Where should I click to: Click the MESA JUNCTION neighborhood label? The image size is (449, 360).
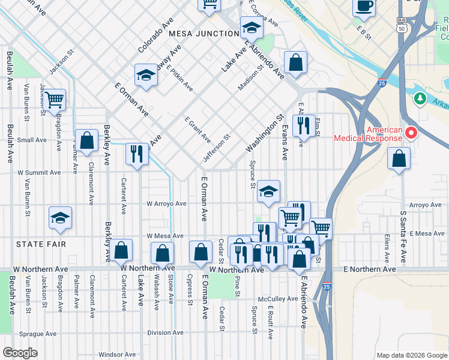[203, 34]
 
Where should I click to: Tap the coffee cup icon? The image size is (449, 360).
[364, 6]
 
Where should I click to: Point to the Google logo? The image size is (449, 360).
[20, 353]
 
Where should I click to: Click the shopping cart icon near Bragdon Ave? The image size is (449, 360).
[54, 98]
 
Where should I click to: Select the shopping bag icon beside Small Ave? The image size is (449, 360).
[87, 140]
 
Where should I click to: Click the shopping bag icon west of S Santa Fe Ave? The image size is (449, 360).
[399, 158]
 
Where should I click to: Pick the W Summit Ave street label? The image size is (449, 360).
[39, 172]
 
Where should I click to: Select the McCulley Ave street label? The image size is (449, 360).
[278, 299]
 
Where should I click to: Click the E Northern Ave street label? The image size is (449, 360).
[370, 270]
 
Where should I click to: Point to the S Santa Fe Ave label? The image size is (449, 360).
[403, 237]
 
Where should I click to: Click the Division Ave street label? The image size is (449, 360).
[166, 332]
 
